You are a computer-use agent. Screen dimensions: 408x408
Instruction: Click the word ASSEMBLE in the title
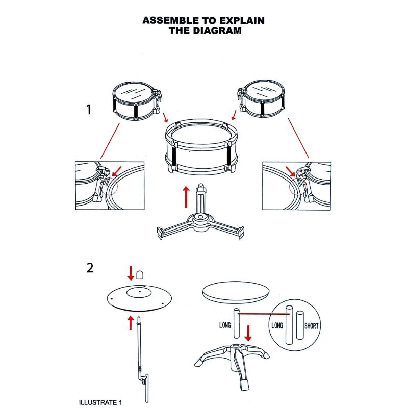coord(170,20)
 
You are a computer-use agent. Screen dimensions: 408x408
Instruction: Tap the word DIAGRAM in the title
coord(217,31)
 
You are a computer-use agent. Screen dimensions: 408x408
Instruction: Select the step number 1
coord(89,110)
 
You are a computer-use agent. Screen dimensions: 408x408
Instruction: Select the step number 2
coord(90,268)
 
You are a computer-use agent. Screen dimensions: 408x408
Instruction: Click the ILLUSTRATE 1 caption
coord(100,402)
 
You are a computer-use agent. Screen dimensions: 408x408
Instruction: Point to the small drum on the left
coord(137,101)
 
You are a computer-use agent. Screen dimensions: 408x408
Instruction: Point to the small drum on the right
coord(261,98)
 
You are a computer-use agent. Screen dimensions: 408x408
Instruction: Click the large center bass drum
coord(201,147)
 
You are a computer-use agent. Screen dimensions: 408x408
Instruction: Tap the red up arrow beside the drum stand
coord(186,197)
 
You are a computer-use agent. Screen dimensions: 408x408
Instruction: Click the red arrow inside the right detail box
coord(290,171)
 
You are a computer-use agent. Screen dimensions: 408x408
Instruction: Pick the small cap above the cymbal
coord(140,275)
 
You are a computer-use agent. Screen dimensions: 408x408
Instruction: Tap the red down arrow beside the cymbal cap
coord(131,273)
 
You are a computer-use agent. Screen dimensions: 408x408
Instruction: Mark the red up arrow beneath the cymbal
coord(131,323)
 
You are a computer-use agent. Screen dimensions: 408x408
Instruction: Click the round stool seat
coord(236,292)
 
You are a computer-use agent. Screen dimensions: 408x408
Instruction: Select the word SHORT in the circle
coord(312,326)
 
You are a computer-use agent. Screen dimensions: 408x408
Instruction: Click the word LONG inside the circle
coord(277,325)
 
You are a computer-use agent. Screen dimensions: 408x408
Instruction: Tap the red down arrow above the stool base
coord(248,334)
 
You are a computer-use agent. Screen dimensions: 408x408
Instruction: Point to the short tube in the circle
coord(300,325)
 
